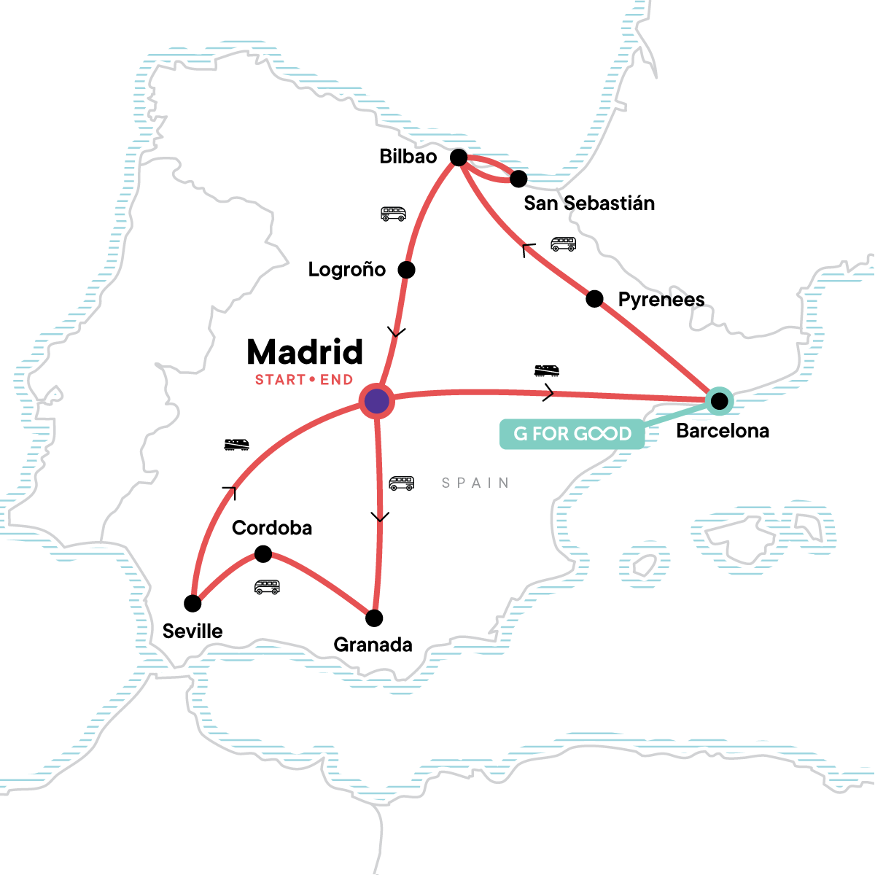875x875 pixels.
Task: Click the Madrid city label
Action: tap(305, 352)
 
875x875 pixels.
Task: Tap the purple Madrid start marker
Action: tap(376, 401)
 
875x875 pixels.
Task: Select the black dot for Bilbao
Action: tap(458, 157)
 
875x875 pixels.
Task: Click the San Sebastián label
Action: tap(589, 203)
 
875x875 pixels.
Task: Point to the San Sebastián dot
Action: tap(518, 179)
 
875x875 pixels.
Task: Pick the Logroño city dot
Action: tap(406, 270)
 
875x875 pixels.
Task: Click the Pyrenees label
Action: tap(661, 300)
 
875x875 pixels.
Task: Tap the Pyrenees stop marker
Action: tap(594, 298)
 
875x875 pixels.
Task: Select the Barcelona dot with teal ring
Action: tap(720, 400)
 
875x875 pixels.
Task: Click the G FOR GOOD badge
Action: tap(572, 434)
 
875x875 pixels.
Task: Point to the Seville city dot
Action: tap(192, 603)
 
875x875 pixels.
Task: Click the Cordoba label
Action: tap(272, 528)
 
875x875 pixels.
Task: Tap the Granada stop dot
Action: tap(374, 618)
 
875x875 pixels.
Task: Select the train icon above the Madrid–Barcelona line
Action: tap(547, 370)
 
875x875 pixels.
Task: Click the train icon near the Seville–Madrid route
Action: tap(236, 444)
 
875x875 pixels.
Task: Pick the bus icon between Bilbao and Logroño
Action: tap(393, 214)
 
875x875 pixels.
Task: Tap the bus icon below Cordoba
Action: tap(267, 587)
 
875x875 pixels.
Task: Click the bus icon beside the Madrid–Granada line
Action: tap(401, 483)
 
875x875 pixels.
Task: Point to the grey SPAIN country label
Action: tap(475, 483)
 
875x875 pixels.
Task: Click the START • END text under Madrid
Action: tap(304, 380)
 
